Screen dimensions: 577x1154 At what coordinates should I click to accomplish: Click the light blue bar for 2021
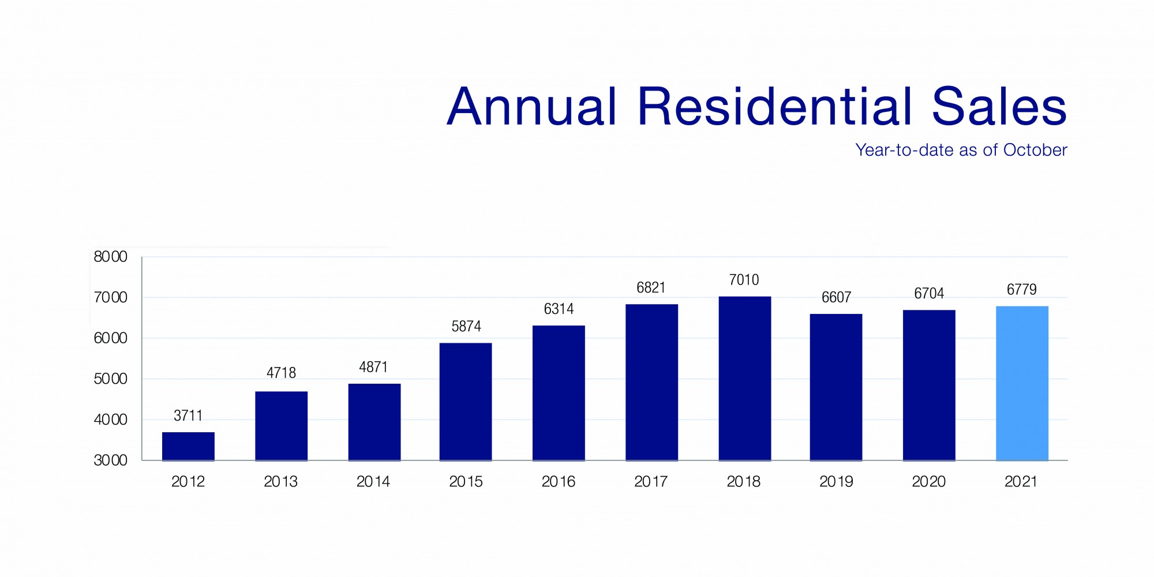1022,383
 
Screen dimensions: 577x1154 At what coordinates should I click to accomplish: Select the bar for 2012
188,446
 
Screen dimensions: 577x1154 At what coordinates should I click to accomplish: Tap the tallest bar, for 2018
744,379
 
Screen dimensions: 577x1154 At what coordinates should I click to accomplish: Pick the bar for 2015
466,402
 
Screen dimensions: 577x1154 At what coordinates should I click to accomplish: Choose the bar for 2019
836,387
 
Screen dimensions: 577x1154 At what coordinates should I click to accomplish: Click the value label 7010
744,280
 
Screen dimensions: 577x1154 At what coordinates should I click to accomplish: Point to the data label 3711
188,415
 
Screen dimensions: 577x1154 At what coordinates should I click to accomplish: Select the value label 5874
466,327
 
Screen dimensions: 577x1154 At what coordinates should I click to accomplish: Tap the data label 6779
1021,289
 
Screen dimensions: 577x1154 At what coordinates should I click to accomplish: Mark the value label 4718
281,373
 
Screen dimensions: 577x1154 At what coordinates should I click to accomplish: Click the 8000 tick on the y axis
110,257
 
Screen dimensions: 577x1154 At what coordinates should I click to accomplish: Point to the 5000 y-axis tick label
110,379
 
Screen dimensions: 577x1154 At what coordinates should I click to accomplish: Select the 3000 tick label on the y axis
110,460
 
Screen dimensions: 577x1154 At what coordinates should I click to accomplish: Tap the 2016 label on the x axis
558,481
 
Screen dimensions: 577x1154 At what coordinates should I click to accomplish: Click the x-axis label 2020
928,481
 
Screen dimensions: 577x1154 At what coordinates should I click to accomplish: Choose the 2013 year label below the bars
280,481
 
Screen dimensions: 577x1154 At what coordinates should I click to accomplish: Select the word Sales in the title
999,107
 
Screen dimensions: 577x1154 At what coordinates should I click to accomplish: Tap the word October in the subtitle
1035,150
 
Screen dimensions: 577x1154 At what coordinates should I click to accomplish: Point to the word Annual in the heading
532,107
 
